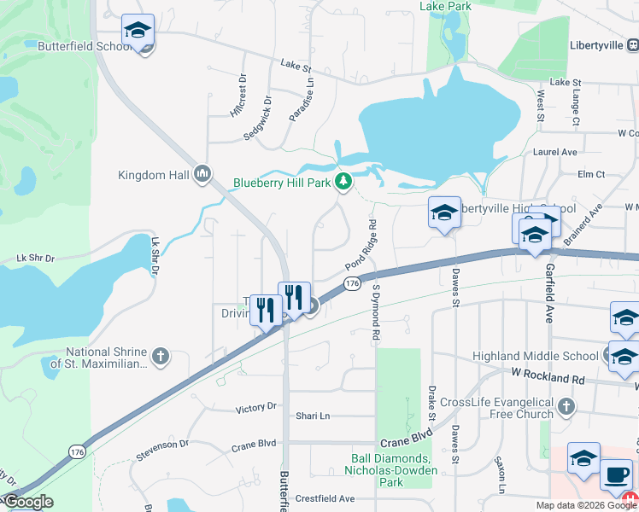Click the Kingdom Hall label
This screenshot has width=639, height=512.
pyautogui.click(x=155, y=176)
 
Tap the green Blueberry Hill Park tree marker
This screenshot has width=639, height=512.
pyautogui.click(x=343, y=181)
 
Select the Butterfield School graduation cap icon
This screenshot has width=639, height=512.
pyautogui.click(x=138, y=32)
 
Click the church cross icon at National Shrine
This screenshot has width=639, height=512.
pyautogui.click(x=160, y=355)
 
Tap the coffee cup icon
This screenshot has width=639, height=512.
pyautogui.click(x=616, y=474)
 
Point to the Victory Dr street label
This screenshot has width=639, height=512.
pyautogui.click(x=255, y=409)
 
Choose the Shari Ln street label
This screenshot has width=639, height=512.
pyautogui.click(x=313, y=416)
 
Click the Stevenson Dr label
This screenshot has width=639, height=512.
pyautogui.click(x=161, y=445)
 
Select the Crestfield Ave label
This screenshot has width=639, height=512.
pyautogui.click(x=325, y=498)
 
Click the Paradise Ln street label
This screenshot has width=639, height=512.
pyautogui.click(x=302, y=101)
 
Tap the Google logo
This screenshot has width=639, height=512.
pyautogui.click(x=28, y=502)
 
